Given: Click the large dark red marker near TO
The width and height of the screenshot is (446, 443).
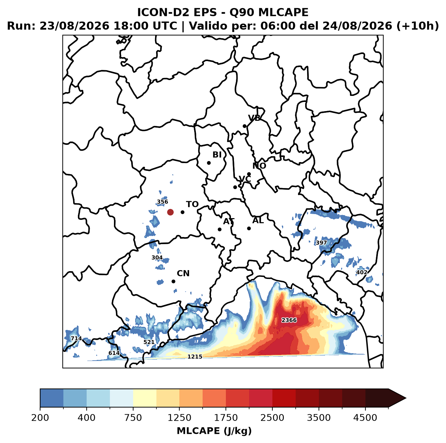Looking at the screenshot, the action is pyautogui.click(x=170, y=212).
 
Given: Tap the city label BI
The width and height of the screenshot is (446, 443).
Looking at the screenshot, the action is pyautogui.click(x=217, y=155).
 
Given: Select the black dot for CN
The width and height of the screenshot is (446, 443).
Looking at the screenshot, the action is pyautogui.click(x=173, y=281).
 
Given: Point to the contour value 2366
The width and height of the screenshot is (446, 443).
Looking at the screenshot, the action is pyautogui.click(x=289, y=320).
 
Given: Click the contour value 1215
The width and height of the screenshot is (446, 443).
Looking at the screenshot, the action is pyautogui.click(x=195, y=357).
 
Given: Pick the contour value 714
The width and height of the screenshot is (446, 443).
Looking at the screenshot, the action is pyautogui.click(x=76, y=338).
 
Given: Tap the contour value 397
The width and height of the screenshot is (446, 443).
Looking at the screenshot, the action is pyautogui.click(x=321, y=242).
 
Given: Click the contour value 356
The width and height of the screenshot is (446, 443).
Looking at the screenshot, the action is pyautogui.click(x=162, y=202).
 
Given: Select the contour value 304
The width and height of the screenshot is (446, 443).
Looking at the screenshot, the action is pyautogui.click(x=157, y=258).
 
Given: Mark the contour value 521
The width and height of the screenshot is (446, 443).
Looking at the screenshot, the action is pyautogui.click(x=149, y=342).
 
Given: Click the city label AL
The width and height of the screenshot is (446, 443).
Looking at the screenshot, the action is pyautogui.click(x=258, y=220).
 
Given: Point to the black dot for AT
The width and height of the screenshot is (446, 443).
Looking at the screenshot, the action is pyautogui.click(x=219, y=229).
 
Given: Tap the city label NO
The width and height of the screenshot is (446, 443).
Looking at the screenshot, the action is pyautogui.click(x=259, y=166).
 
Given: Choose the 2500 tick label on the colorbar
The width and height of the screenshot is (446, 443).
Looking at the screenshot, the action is pyautogui.click(x=272, y=417).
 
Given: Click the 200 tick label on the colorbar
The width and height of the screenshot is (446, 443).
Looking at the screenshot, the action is pyautogui.click(x=40, y=417).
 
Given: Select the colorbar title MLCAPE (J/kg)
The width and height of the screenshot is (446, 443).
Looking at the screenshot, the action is pyautogui.click(x=214, y=431).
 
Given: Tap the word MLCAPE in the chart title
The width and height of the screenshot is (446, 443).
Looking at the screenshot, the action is pyautogui.click(x=283, y=12).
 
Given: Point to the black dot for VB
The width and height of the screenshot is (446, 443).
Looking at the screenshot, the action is pyautogui.click(x=244, y=126).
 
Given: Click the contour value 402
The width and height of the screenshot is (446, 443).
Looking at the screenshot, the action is pyautogui.click(x=361, y=272).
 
